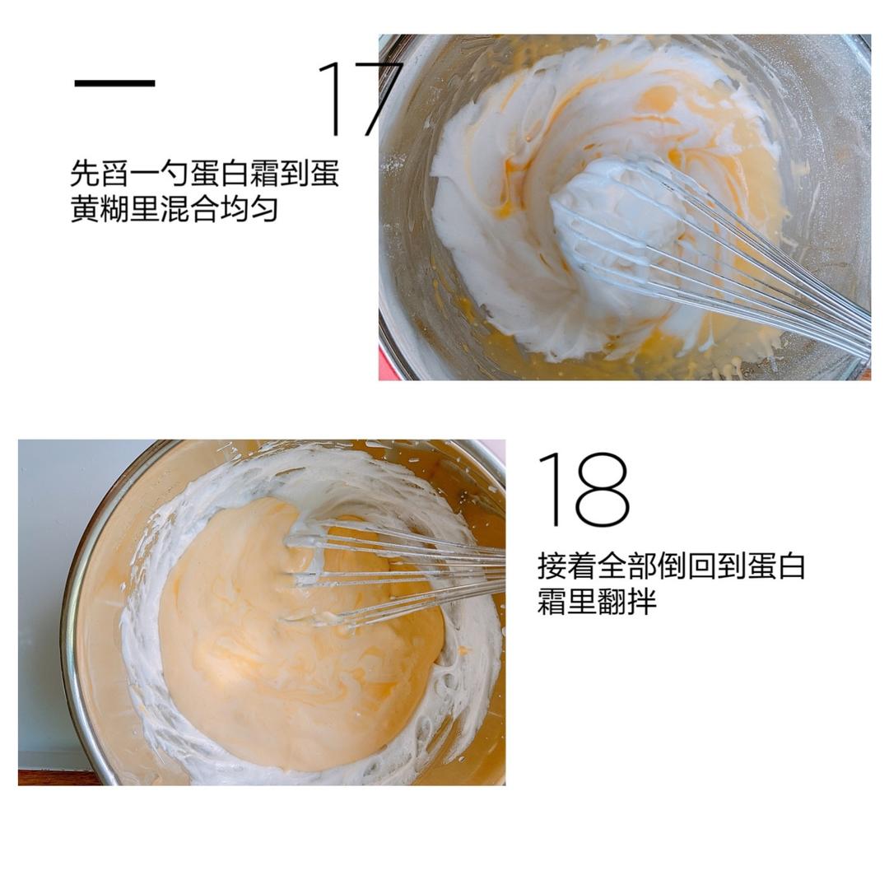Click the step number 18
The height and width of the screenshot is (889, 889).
coord(583,490)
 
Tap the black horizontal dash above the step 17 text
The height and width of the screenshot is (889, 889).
coord(114,83)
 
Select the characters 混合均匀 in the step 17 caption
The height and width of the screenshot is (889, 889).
coord(217,209)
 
